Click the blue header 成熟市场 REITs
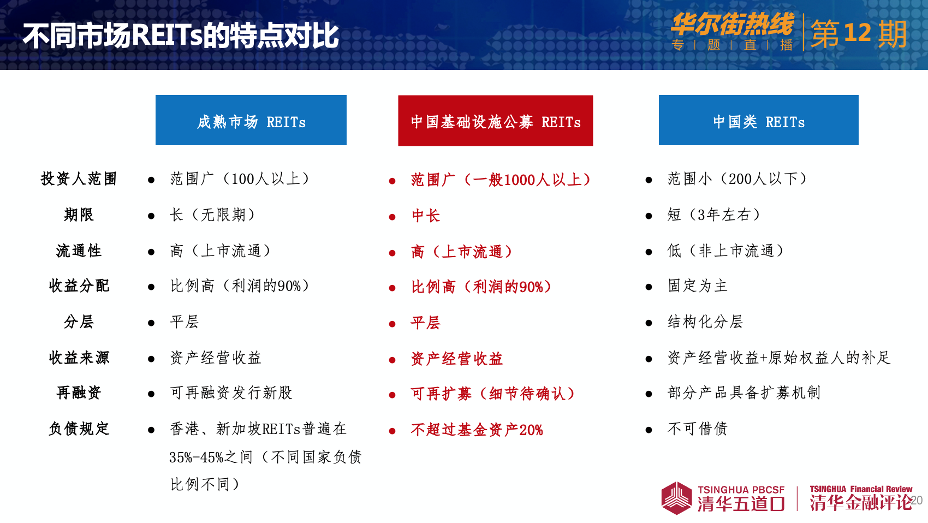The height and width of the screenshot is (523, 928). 251,120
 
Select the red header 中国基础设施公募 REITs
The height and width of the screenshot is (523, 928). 496,121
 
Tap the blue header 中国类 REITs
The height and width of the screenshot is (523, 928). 759,120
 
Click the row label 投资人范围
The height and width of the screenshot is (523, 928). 79,179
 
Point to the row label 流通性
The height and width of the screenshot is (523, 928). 79,251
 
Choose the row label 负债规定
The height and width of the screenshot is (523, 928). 79,429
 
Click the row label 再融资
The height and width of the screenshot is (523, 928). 79,393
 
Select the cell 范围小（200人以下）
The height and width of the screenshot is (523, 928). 737,179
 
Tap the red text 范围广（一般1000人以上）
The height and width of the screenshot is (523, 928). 501,180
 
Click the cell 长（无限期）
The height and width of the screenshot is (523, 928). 212,215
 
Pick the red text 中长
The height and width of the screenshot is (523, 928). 425,216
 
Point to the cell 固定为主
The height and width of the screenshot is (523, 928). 698,286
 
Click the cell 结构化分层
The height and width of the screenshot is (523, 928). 705,322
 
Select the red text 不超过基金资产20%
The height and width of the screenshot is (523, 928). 477,430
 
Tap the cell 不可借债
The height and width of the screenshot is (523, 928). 698,429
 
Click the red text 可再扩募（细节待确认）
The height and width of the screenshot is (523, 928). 493,394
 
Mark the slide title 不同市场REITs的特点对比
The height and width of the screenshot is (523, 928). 181,35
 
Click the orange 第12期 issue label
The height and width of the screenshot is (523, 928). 858,34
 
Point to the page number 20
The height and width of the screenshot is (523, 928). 917,500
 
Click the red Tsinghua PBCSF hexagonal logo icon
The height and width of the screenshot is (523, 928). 676,498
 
